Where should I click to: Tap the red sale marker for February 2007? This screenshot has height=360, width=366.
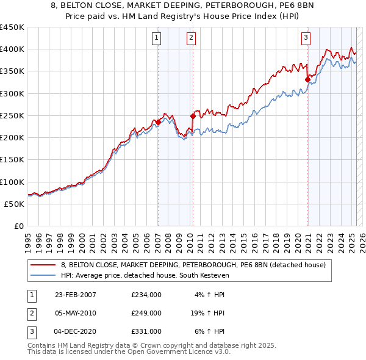158,122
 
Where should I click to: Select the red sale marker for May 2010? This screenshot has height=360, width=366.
193,115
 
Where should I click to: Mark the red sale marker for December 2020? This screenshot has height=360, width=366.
307,79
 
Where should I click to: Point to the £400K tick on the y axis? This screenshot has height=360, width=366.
12,49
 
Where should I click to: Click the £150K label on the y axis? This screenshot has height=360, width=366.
12,159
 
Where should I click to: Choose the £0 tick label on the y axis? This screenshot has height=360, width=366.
18,226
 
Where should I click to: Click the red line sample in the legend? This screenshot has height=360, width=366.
43,265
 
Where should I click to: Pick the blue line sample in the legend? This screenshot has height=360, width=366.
43,275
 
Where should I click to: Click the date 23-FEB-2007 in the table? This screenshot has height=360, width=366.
75,295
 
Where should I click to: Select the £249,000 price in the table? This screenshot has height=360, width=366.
146,313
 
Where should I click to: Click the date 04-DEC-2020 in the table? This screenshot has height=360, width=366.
75,331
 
